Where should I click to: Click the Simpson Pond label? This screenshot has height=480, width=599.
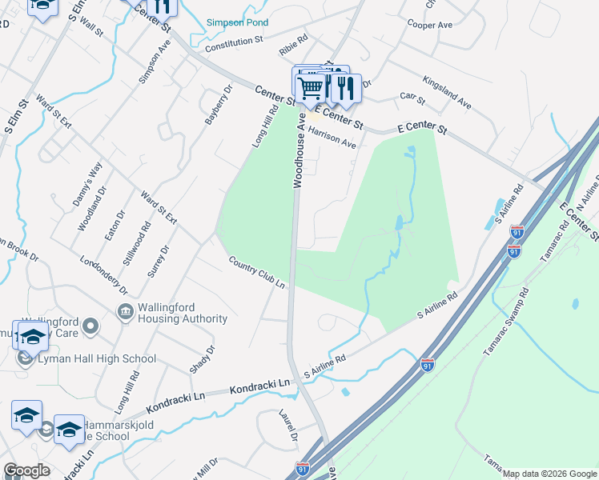pyautogui.click(x=237, y=23)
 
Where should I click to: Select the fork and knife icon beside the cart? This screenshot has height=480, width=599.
pyautogui.click(x=346, y=86)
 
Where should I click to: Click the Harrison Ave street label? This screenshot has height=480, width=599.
pyautogui.click(x=332, y=138)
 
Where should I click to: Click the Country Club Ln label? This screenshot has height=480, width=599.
pyautogui.click(x=256, y=273)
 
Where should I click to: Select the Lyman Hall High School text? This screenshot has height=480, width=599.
pyautogui.click(x=97, y=358)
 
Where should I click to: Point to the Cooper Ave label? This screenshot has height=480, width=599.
pyautogui.click(x=430, y=26)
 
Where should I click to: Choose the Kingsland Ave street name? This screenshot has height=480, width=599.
pyautogui.click(x=447, y=92)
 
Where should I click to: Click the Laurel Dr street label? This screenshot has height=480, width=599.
pyautogui.click(x=288, y=427)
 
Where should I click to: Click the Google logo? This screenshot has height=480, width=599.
pyautogui.click(x=27, y=470)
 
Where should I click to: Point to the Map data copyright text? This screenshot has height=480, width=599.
pyautogui.click(x=549, y=474)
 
